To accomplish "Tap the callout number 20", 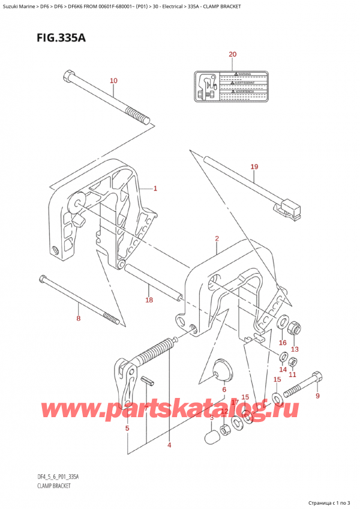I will click(233, 55).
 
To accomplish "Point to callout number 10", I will click(114, 80).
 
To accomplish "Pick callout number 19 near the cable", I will click(254, 166).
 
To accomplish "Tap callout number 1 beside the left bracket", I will click(155, 188).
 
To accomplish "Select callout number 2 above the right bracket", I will click(217, 239).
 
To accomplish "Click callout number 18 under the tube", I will click(149, 300).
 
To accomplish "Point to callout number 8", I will click(78, 318).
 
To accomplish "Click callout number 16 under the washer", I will click(283, 343).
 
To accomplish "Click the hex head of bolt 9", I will click(319, 378).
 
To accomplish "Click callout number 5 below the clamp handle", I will click(127, 428).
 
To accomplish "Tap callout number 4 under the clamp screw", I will click(170, 445).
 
